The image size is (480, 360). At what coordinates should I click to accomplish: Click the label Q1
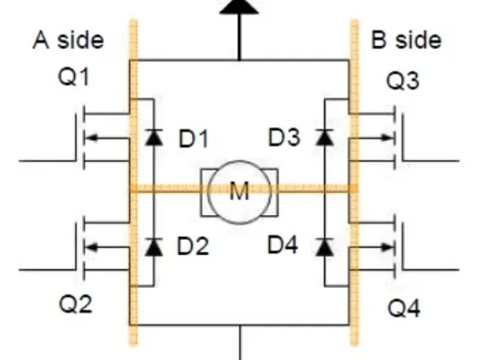(x=73, y=76)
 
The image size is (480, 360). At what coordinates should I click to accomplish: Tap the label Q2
(x=75, y=304)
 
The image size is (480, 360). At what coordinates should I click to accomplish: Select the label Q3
(x=403, y=81)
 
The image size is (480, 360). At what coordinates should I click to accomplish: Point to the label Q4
(x=404, y=308)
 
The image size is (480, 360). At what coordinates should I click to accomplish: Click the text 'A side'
(x=68, y=40)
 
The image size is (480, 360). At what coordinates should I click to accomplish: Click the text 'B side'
(x=406, y=40)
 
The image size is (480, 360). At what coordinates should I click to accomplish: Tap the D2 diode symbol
(x=154, y=247)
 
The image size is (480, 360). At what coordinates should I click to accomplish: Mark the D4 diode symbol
(x=325, y=247)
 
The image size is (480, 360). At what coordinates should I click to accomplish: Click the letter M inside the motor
(x=239, y=191)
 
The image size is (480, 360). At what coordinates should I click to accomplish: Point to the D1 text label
(x=193, y=139)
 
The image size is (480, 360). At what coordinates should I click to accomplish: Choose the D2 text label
(x=193, y=246)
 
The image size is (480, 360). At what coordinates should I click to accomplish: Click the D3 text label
(x=284, y=137)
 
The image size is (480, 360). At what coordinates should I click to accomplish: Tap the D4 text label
(x=283, y=245)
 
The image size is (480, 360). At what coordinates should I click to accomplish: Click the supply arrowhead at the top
(x=239, y=6)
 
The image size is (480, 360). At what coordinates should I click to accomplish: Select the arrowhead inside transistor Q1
(x=91, y=138)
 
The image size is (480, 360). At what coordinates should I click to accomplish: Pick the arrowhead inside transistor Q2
(x=91, y=247)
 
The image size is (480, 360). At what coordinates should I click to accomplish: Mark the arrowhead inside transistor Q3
(x=387, y=138)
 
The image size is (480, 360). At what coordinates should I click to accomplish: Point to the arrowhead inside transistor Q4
(x=387, y=247)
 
